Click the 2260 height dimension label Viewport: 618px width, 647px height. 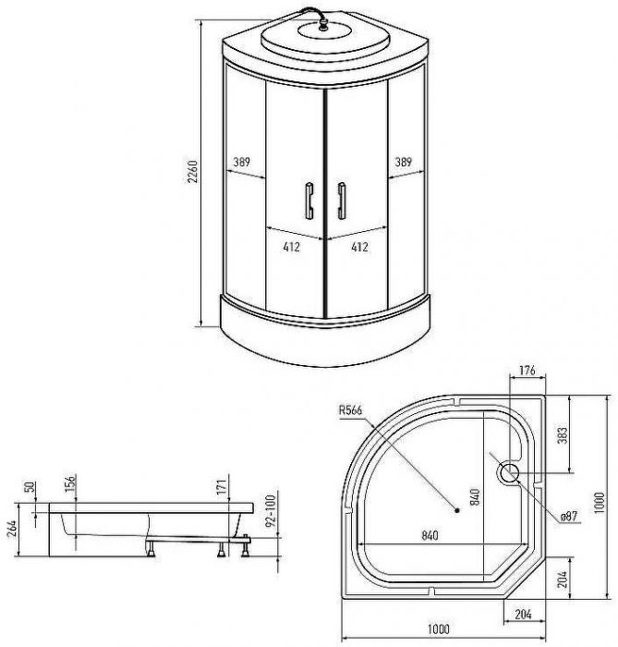tap(193, 171)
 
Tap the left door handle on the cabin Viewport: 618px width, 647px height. tap(309, 201)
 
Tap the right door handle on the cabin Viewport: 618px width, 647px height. tap(342, 201)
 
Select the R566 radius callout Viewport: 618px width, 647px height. tap(350, 410)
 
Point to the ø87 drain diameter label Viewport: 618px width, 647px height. tap(569, 516)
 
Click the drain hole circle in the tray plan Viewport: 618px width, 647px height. tap(509, 473)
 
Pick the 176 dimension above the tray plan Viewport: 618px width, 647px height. tap(527, 370)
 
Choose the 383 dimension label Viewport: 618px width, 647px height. tap(563, 435)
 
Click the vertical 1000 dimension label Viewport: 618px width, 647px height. tap(600, 503)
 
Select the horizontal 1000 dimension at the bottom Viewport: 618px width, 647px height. tap(438, 629)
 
